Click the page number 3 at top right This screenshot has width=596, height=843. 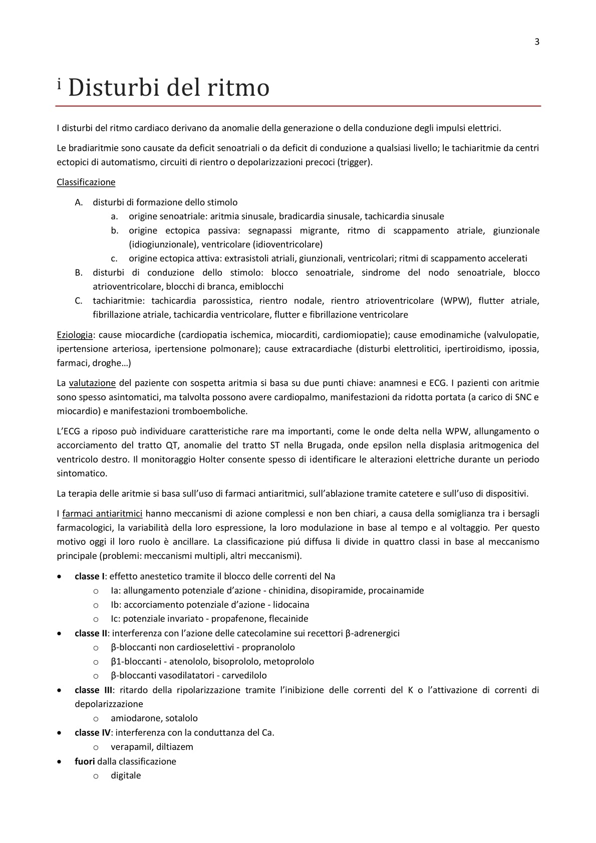pyautogui.click(x=537, y=42)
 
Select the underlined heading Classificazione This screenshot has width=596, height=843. pyautogui.click(x=86, y=182)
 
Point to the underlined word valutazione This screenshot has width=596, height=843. pyautogui.click(x=92, y=383)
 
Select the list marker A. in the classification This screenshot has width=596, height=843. pyautogui.click(x=78, y=202)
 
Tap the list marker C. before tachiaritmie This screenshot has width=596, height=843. pyautogui.click(x=78, y=301)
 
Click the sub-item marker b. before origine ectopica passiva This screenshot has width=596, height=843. pyautogui.click(x=115, y=230)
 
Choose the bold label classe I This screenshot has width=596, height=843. pyautogui.click(x=90, y=577)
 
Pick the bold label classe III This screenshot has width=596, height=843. pyautogui.click(x=94, y=690)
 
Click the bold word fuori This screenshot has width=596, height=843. pyautogui.click(x=85, y=761)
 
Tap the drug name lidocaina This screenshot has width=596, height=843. pyautogui.click(x=291, y=605)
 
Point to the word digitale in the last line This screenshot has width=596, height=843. pyautogui.click(x=126, y=775)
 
